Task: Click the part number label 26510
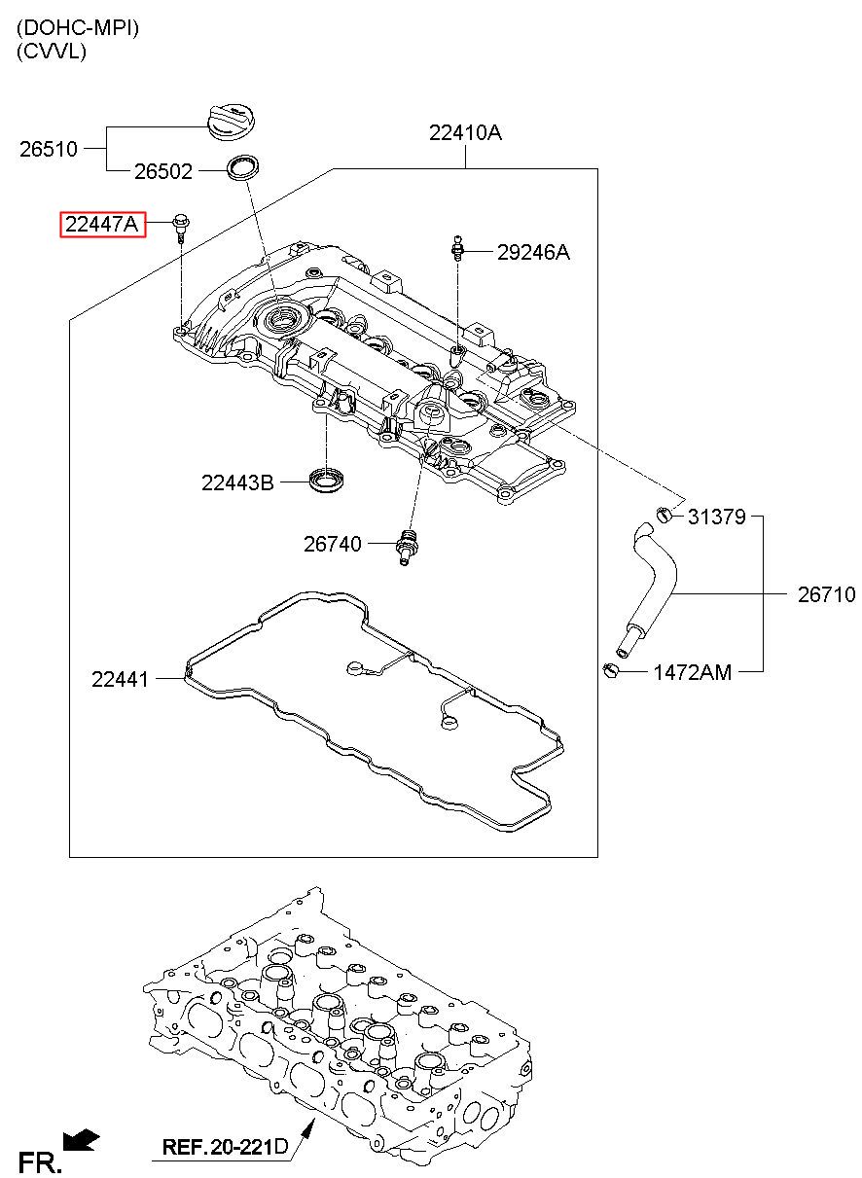point(49,149)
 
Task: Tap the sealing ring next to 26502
point(242,167)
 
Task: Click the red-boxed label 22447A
point(102,225)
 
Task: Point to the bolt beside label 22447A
point(181,229)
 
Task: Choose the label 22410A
point(465,132)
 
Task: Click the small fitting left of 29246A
point(457,248)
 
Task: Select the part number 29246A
point(533,253)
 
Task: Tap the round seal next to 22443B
point(327,479)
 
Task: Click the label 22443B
point(237,482)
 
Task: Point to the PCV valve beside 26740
point(407,547)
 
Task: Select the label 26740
point(333,544)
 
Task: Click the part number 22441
point(120,679)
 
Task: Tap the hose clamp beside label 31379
point(664,515)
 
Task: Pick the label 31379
point(717,517)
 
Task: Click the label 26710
point(826,594)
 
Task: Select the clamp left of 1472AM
point(611,670)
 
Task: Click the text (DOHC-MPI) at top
point(78,28)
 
